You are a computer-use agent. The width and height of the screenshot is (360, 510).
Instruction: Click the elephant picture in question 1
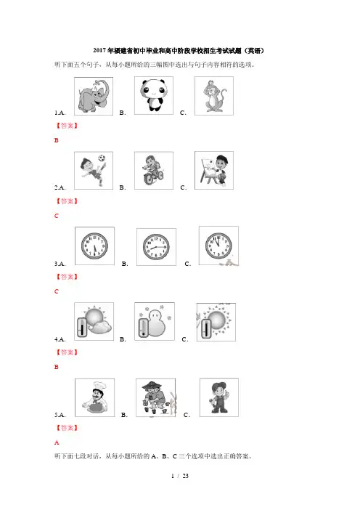coord(94,96)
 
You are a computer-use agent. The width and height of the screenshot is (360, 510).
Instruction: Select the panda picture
coord(153,95)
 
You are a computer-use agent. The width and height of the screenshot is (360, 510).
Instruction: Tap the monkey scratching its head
coord(214,96)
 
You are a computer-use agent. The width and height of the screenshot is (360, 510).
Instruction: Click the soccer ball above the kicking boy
coord(102,158)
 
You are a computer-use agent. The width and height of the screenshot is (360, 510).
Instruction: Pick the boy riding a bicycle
coord(152,170)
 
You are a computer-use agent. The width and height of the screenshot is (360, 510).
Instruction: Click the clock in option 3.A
coord(94,246)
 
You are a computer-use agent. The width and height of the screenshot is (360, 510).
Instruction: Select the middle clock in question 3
coord(156,246)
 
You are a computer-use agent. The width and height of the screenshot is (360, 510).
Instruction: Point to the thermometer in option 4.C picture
coord(205,328)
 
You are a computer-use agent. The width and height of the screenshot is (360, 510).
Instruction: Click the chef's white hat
coord(99,385)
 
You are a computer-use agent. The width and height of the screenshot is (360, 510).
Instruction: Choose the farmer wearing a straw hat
coord(155,397)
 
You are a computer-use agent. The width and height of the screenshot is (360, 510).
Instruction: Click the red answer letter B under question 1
coord(57,140)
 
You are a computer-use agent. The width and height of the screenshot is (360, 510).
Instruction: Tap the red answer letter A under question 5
coord(57,442)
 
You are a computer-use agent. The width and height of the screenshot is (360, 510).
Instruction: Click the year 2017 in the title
coord(99,50)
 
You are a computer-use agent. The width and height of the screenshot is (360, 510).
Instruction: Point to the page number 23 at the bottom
coord(186,476)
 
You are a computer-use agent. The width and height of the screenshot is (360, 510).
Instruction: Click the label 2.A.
coord(60,187)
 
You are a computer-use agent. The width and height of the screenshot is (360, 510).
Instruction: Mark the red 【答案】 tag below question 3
coord(67,277)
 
